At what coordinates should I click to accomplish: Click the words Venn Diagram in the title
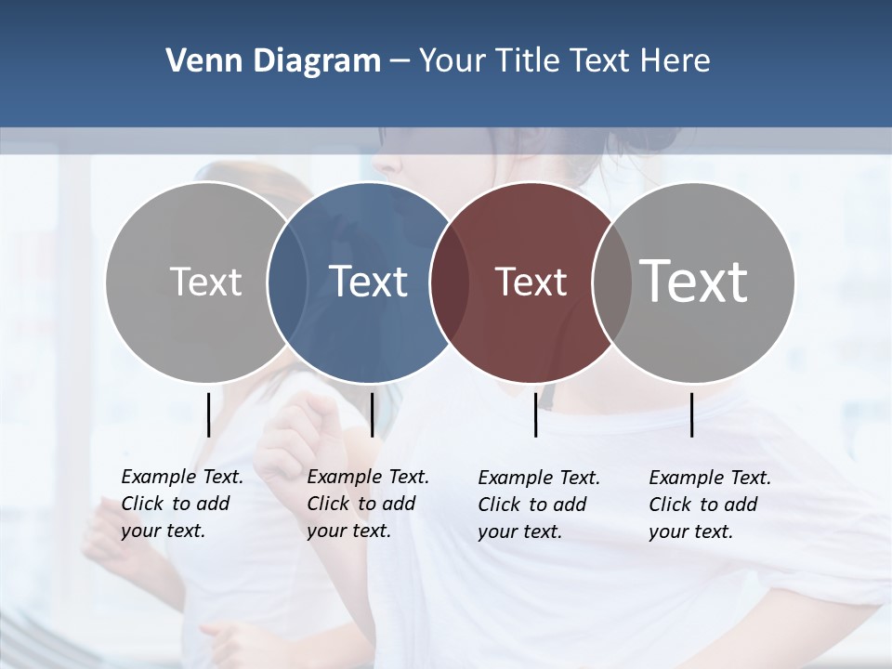coord(273,61)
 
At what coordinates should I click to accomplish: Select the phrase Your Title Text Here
coord(564,61)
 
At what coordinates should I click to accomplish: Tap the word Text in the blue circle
coord(368,282)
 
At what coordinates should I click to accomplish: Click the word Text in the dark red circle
coord(531,282)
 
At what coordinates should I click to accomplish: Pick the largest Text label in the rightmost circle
coord(693,281)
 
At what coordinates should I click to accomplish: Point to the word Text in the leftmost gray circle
coord(205,282)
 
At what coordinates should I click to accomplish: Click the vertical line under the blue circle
coord(372,414)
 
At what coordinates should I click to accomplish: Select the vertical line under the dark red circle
coord(535,414)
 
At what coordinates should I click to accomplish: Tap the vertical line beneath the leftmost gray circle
coord(208,414)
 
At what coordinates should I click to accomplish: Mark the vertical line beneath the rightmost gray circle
coord(692,414)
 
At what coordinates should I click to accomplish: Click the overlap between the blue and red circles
coord(449,282)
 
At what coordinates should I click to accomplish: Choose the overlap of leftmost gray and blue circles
coord(287,282)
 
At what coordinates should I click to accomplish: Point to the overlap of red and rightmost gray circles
coord(610,282)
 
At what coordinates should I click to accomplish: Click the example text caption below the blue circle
coord(367,504)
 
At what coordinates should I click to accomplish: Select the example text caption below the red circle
coord(538,505)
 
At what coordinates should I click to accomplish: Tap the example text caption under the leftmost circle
coord(181,504)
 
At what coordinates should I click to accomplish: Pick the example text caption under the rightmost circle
coord(709,505)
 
